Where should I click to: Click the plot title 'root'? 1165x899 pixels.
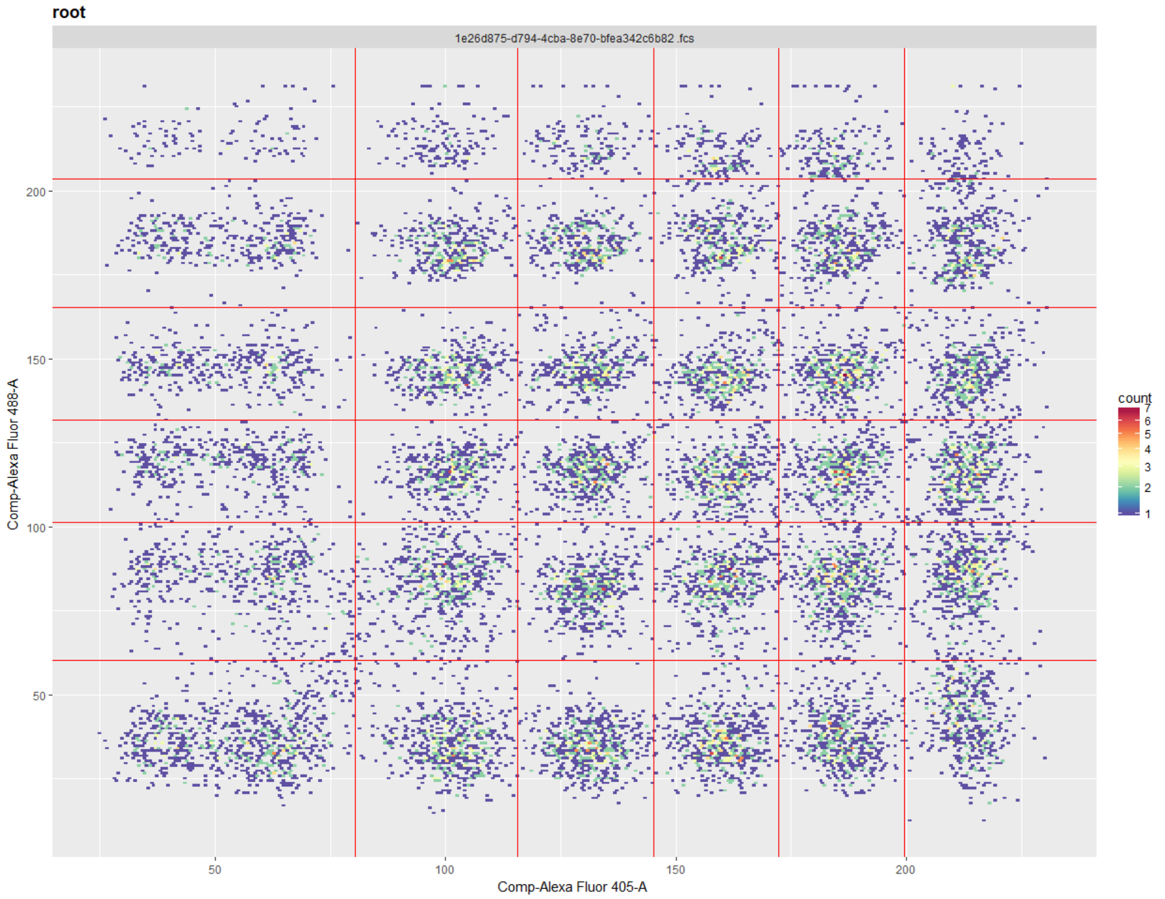pos(69,13)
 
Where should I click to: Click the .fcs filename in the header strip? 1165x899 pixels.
pos(574,39)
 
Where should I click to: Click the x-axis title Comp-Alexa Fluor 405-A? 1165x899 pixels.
pos(572,886)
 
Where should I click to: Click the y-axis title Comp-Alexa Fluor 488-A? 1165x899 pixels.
pos(13,454)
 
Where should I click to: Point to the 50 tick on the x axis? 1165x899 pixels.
pos(214,870)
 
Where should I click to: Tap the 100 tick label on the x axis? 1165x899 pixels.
pos(445,870)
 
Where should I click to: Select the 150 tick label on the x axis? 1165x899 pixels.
pos(675,870)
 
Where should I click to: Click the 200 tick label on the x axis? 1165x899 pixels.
pos(905,870)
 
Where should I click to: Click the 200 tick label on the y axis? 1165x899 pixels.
pos(36,192)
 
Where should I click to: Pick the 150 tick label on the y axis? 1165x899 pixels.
pos(36,360)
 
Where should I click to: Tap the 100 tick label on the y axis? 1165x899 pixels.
pos(36,528)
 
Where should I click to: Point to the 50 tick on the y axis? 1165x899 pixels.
pos(39,696)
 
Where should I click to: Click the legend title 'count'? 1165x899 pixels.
pos(1135,398)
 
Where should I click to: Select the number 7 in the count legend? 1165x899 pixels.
pos(1147,408)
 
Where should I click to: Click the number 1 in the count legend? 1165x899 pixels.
pos(1147,514)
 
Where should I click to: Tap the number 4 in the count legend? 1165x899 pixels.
pos(1147,449)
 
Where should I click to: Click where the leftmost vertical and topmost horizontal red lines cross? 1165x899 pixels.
pos(355,179)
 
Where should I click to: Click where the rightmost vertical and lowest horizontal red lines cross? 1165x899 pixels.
pos(905,661)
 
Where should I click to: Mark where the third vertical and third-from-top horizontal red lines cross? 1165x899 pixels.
pos(654,420)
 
